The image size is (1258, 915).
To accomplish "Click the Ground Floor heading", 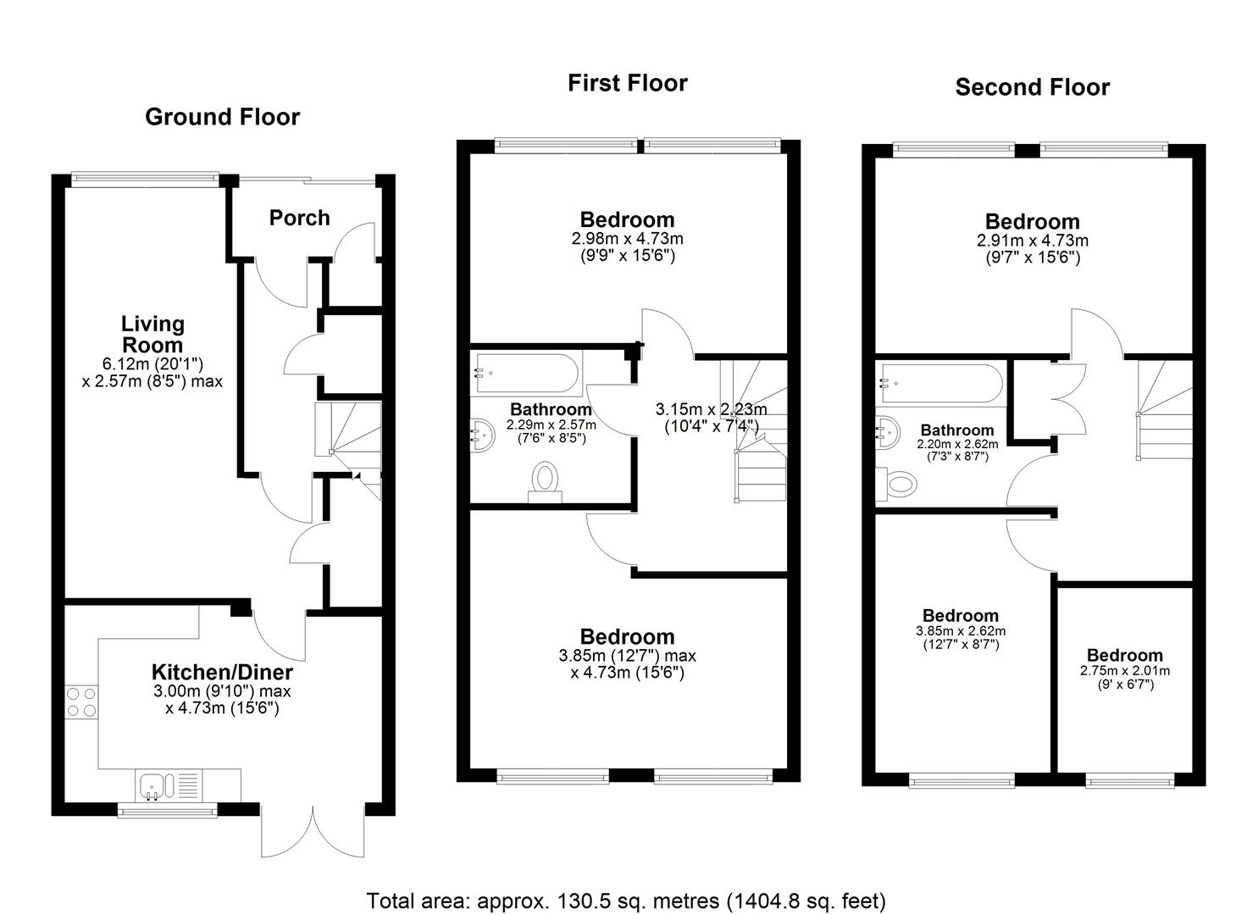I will point(222,117).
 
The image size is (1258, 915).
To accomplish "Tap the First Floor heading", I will point(627,83).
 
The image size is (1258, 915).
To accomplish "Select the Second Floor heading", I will point(1032,87).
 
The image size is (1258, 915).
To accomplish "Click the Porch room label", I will point(299,218).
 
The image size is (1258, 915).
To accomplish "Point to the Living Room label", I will point(152,334).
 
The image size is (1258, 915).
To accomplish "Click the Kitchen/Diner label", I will point(222,672).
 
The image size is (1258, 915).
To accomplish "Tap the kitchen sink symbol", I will point(154,785).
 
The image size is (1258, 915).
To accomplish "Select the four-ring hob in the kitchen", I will point(81,701).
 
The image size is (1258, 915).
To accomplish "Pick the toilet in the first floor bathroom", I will point(545,480).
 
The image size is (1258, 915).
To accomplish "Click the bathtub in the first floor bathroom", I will point(526,373).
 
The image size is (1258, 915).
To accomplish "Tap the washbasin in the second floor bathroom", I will point(889,434).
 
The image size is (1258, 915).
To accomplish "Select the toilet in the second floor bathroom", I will point(898,484).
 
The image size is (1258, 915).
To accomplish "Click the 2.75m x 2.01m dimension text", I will point(1124,671).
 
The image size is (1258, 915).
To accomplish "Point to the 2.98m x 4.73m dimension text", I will point(627,239).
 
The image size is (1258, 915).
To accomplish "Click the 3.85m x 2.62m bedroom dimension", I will point(961,631).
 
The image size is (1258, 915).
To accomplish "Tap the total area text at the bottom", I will point(625,901).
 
